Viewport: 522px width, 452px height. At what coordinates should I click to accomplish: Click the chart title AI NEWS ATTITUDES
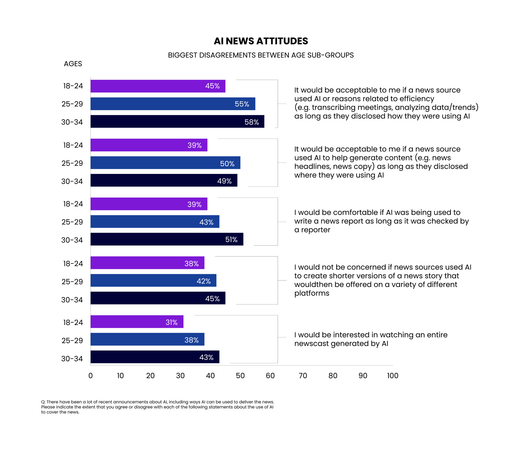click(261, 41)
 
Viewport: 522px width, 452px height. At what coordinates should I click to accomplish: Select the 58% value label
click(251, 122)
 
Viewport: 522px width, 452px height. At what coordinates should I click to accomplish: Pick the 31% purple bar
click(137, 322)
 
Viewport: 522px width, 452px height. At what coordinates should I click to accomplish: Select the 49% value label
click(224, 181)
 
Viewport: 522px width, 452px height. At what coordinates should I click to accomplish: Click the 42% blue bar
click(153, 281)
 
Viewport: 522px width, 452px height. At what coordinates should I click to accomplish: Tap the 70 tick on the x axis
click(303, 376)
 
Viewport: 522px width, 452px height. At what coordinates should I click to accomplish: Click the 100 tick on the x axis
click(393, 376)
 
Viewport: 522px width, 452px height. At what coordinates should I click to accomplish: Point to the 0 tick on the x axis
click(91, 376)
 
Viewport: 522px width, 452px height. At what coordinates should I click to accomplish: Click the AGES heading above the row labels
click(73, 64)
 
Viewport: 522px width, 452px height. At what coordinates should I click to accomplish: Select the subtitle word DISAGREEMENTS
click(228, 55)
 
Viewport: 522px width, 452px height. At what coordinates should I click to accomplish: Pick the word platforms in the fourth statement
click(312, 293)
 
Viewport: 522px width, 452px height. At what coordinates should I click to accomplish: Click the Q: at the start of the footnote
click(43, 402)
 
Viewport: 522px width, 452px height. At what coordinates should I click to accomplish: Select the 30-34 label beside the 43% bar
click(72, 359)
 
